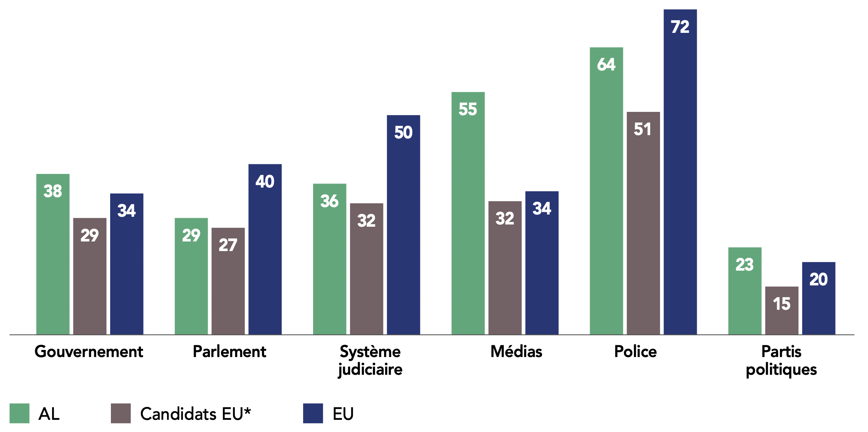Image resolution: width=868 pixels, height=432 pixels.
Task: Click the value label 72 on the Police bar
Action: [680, 27]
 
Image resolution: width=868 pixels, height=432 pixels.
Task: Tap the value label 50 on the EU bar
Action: [403, 133]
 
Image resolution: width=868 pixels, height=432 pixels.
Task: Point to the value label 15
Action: [781, 304]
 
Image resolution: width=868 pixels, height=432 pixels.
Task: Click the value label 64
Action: [606, 65]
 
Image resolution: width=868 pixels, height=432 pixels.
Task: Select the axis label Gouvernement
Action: [89, 352]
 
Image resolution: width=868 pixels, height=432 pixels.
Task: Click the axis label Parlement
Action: [229, 352]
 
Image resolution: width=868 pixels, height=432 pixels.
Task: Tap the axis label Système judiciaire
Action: [370, 360]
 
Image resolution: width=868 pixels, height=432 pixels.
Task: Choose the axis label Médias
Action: [516, 352]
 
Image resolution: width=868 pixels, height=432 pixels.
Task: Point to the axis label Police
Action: [635, 352]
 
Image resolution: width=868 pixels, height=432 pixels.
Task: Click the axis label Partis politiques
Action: [781, 360]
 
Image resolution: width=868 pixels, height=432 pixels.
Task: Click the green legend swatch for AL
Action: [19, 413]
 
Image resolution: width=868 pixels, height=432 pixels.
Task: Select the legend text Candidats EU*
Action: [196, 414]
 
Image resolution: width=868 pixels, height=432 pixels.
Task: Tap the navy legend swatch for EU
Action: [313, 413]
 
